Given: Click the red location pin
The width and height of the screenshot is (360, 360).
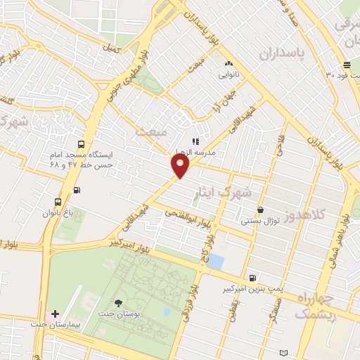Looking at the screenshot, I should tap(180, 166).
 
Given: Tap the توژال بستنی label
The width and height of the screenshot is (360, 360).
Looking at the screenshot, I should tap(261, 221).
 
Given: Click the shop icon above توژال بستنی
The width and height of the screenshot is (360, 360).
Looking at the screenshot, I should tap(261, 210).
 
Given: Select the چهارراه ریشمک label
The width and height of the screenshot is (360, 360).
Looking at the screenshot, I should tap(321, 307).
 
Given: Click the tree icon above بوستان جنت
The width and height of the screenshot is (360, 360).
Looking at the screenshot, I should tap(117, 303).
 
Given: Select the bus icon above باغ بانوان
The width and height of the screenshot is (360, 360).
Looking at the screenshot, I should tap(58, 201).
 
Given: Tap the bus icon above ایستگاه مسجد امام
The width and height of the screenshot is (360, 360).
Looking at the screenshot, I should tap(83, 142).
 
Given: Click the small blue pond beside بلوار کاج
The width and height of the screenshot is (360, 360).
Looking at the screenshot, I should tap(216, 262).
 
